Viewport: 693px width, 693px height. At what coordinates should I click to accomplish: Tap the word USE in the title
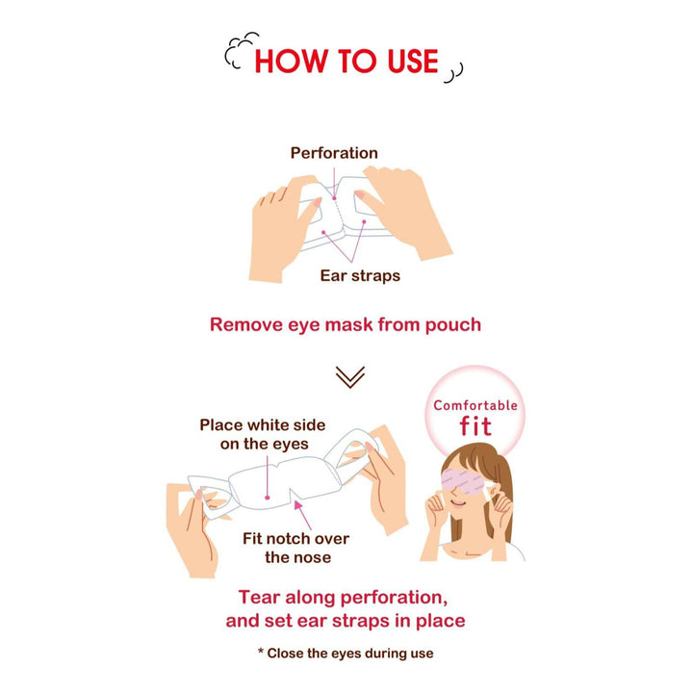click(413, 61)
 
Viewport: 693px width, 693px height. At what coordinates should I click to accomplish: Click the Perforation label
click(334, 153)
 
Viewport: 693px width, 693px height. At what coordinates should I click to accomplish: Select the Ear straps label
click(360, 275)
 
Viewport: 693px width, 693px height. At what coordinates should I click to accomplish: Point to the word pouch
click(453, 325)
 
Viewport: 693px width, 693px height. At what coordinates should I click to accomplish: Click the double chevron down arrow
click(350, 377)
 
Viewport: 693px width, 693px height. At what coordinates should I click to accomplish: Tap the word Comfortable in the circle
click(475, 405)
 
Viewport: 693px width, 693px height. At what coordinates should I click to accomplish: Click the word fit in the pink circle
click(475, 425)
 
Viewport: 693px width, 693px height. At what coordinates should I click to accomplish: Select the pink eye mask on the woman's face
click(464, 482)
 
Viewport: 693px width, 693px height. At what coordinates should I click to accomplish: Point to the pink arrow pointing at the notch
click(302, 514)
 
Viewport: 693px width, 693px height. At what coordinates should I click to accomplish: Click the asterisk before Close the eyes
click(261, 651)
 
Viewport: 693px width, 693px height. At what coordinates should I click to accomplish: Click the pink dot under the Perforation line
click(335, 198)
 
